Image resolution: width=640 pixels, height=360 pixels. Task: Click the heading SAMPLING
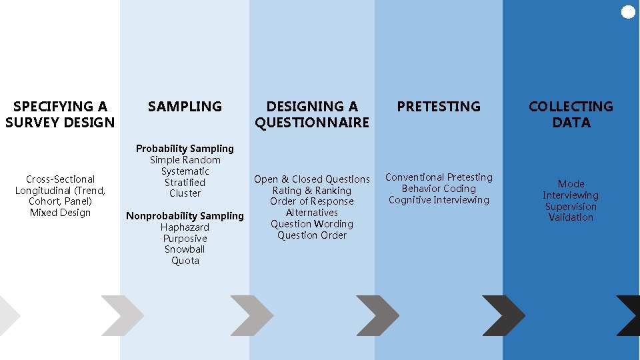click(185, 107)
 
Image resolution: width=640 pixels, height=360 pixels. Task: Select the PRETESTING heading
click(439, 107)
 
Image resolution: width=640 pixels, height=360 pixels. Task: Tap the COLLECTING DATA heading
click(571, 115)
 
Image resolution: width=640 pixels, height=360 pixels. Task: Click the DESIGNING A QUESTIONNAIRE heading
click(312, 115)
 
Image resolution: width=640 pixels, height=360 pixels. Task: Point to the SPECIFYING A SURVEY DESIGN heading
click(60, 115)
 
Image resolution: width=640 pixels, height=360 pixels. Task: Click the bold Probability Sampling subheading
click(185, 149)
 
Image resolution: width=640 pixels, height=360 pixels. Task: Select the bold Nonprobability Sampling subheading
click(185, 216)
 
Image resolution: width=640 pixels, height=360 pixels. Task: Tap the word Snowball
click(185, 249)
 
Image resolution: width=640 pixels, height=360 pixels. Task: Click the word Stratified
click(185, 182)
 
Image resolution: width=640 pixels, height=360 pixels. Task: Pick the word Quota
click(185, 261)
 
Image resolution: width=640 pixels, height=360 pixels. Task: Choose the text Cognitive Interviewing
click(439, 200)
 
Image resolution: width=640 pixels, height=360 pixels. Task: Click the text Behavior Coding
click(439, 189)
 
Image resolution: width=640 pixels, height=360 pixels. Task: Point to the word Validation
click(571, 217)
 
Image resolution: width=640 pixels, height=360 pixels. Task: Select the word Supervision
click(571, 206)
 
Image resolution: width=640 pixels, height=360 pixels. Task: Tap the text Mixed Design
click(60, 213)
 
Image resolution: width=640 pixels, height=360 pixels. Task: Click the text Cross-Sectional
click(60, 179)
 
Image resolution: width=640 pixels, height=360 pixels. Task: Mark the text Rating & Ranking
click(312, 191)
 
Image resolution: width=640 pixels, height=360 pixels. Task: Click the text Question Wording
click(312, 224)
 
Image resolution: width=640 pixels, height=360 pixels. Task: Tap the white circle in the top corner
click(628, 12)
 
